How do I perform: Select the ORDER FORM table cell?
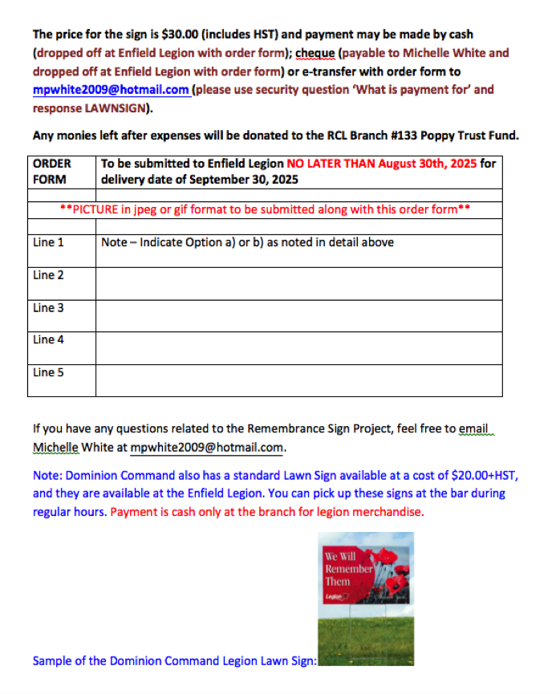coord(52,171)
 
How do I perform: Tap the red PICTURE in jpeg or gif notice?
coord(265,210)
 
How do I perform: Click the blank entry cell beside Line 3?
coord(298,315)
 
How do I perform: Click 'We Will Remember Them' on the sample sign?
coord(348,568)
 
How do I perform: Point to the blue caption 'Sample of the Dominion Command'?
coord(174,661)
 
